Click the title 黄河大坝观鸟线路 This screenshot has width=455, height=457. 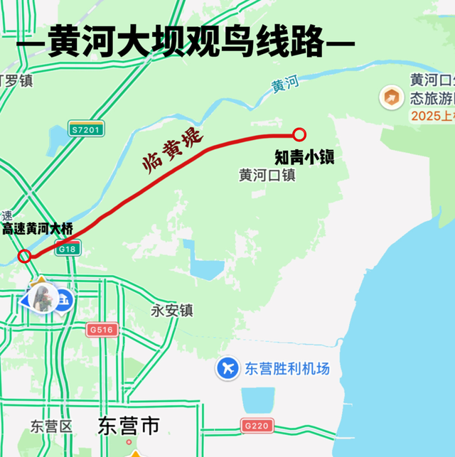186,43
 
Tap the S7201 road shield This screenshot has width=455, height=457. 86,129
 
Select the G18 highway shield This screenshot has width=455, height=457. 68,249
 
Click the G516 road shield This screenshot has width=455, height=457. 102,330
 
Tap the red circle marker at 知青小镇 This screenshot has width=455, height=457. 299,134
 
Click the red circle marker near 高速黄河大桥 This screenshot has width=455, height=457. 25,256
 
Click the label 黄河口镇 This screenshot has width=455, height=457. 267,175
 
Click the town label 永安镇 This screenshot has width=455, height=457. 172,311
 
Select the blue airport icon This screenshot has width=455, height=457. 227,368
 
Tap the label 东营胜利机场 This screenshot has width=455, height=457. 287,369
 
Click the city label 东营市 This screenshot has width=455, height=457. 129,426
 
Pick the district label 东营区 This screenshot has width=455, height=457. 51,426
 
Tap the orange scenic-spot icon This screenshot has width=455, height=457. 388,97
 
